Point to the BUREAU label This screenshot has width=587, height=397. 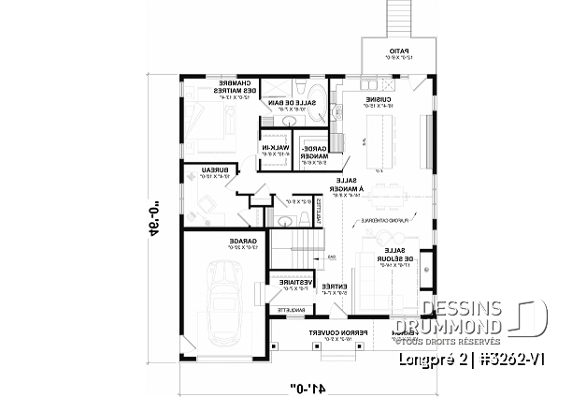click(x=215, y=171)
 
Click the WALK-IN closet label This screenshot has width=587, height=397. click(x=278, y=150)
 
